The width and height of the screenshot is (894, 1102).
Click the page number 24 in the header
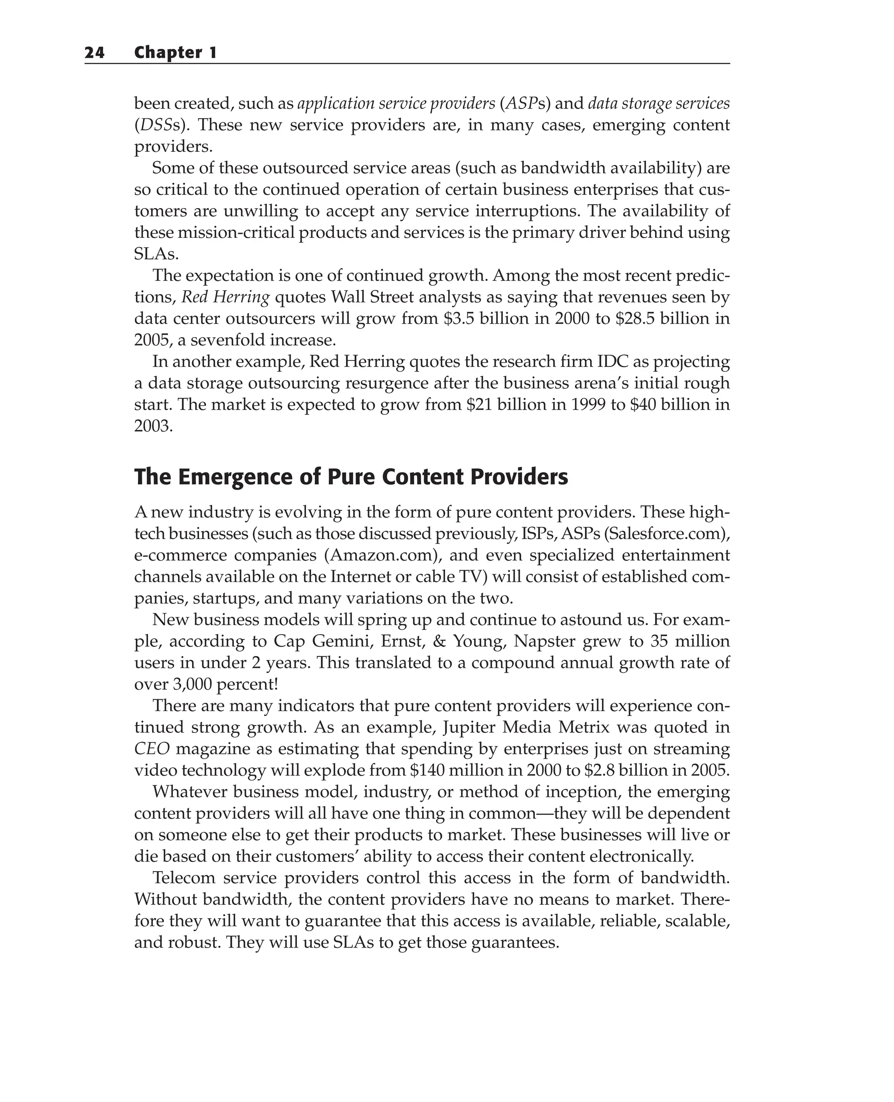click(x=95, y=52)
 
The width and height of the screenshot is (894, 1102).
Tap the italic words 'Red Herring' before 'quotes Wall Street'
click(x=226, y=298)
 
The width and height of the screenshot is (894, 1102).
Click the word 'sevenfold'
click(x=224, y=340)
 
